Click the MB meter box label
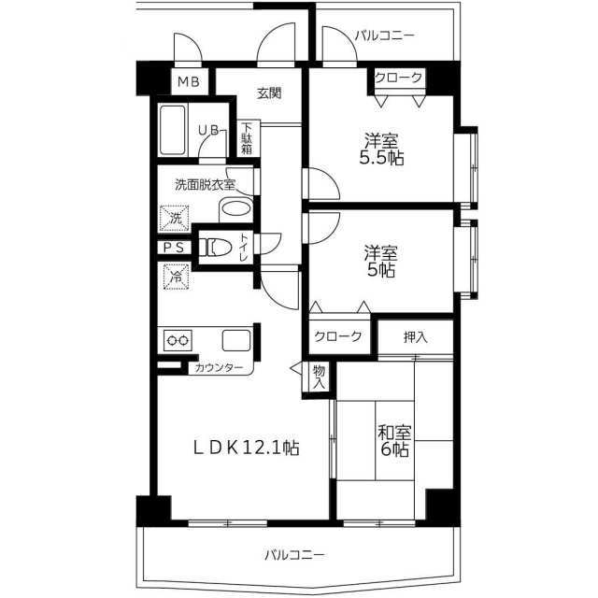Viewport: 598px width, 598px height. coord(189,81)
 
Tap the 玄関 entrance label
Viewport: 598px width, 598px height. coord(269,93)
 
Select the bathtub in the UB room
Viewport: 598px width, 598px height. coord(173,130)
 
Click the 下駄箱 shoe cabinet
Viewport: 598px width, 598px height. coord(247,138)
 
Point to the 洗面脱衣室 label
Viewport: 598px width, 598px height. coord(205,185)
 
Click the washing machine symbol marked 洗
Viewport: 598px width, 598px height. coord(175,218)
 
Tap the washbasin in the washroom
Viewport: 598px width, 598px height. coord(236,208)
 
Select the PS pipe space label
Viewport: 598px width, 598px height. coord(174,248)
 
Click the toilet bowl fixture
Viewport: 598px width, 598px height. coord(216,248)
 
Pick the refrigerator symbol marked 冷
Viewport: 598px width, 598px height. coord(177,277)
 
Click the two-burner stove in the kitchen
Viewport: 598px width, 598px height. coord(178,340)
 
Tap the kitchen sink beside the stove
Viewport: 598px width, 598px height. coord(236,340)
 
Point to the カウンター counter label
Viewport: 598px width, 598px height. coord(219,368)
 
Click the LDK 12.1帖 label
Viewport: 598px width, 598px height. coord(247,448)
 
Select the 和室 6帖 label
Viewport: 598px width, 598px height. coord(395,441)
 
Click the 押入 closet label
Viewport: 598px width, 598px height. coord(415,337)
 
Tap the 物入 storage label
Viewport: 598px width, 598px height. coord(319,377)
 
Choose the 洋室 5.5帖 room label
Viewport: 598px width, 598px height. coord(381,149)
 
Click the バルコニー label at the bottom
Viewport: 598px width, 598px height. coord(295,555)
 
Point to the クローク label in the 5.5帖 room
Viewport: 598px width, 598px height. coord(399,78)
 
